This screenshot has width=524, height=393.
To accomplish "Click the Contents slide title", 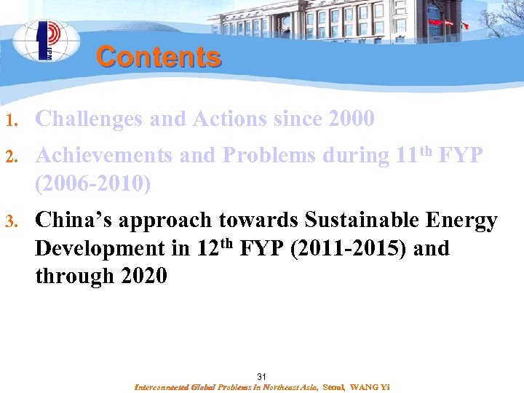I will (158, 57).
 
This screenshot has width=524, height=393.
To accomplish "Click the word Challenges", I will (89, 119).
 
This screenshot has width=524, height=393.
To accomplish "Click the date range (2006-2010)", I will (92, 184).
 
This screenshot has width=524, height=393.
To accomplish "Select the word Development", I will (98, 248).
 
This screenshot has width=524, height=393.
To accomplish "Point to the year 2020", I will (146, 277).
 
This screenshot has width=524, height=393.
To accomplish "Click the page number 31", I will (262, 376).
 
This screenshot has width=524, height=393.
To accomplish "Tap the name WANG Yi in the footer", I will (370, 388).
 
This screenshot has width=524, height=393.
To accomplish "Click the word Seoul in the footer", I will (333, 388).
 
